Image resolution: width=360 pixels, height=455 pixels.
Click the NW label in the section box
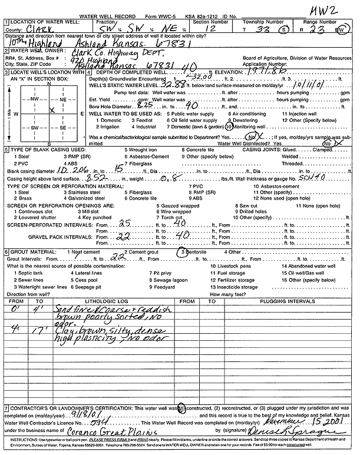pyautogui.click(x=35, y=99)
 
